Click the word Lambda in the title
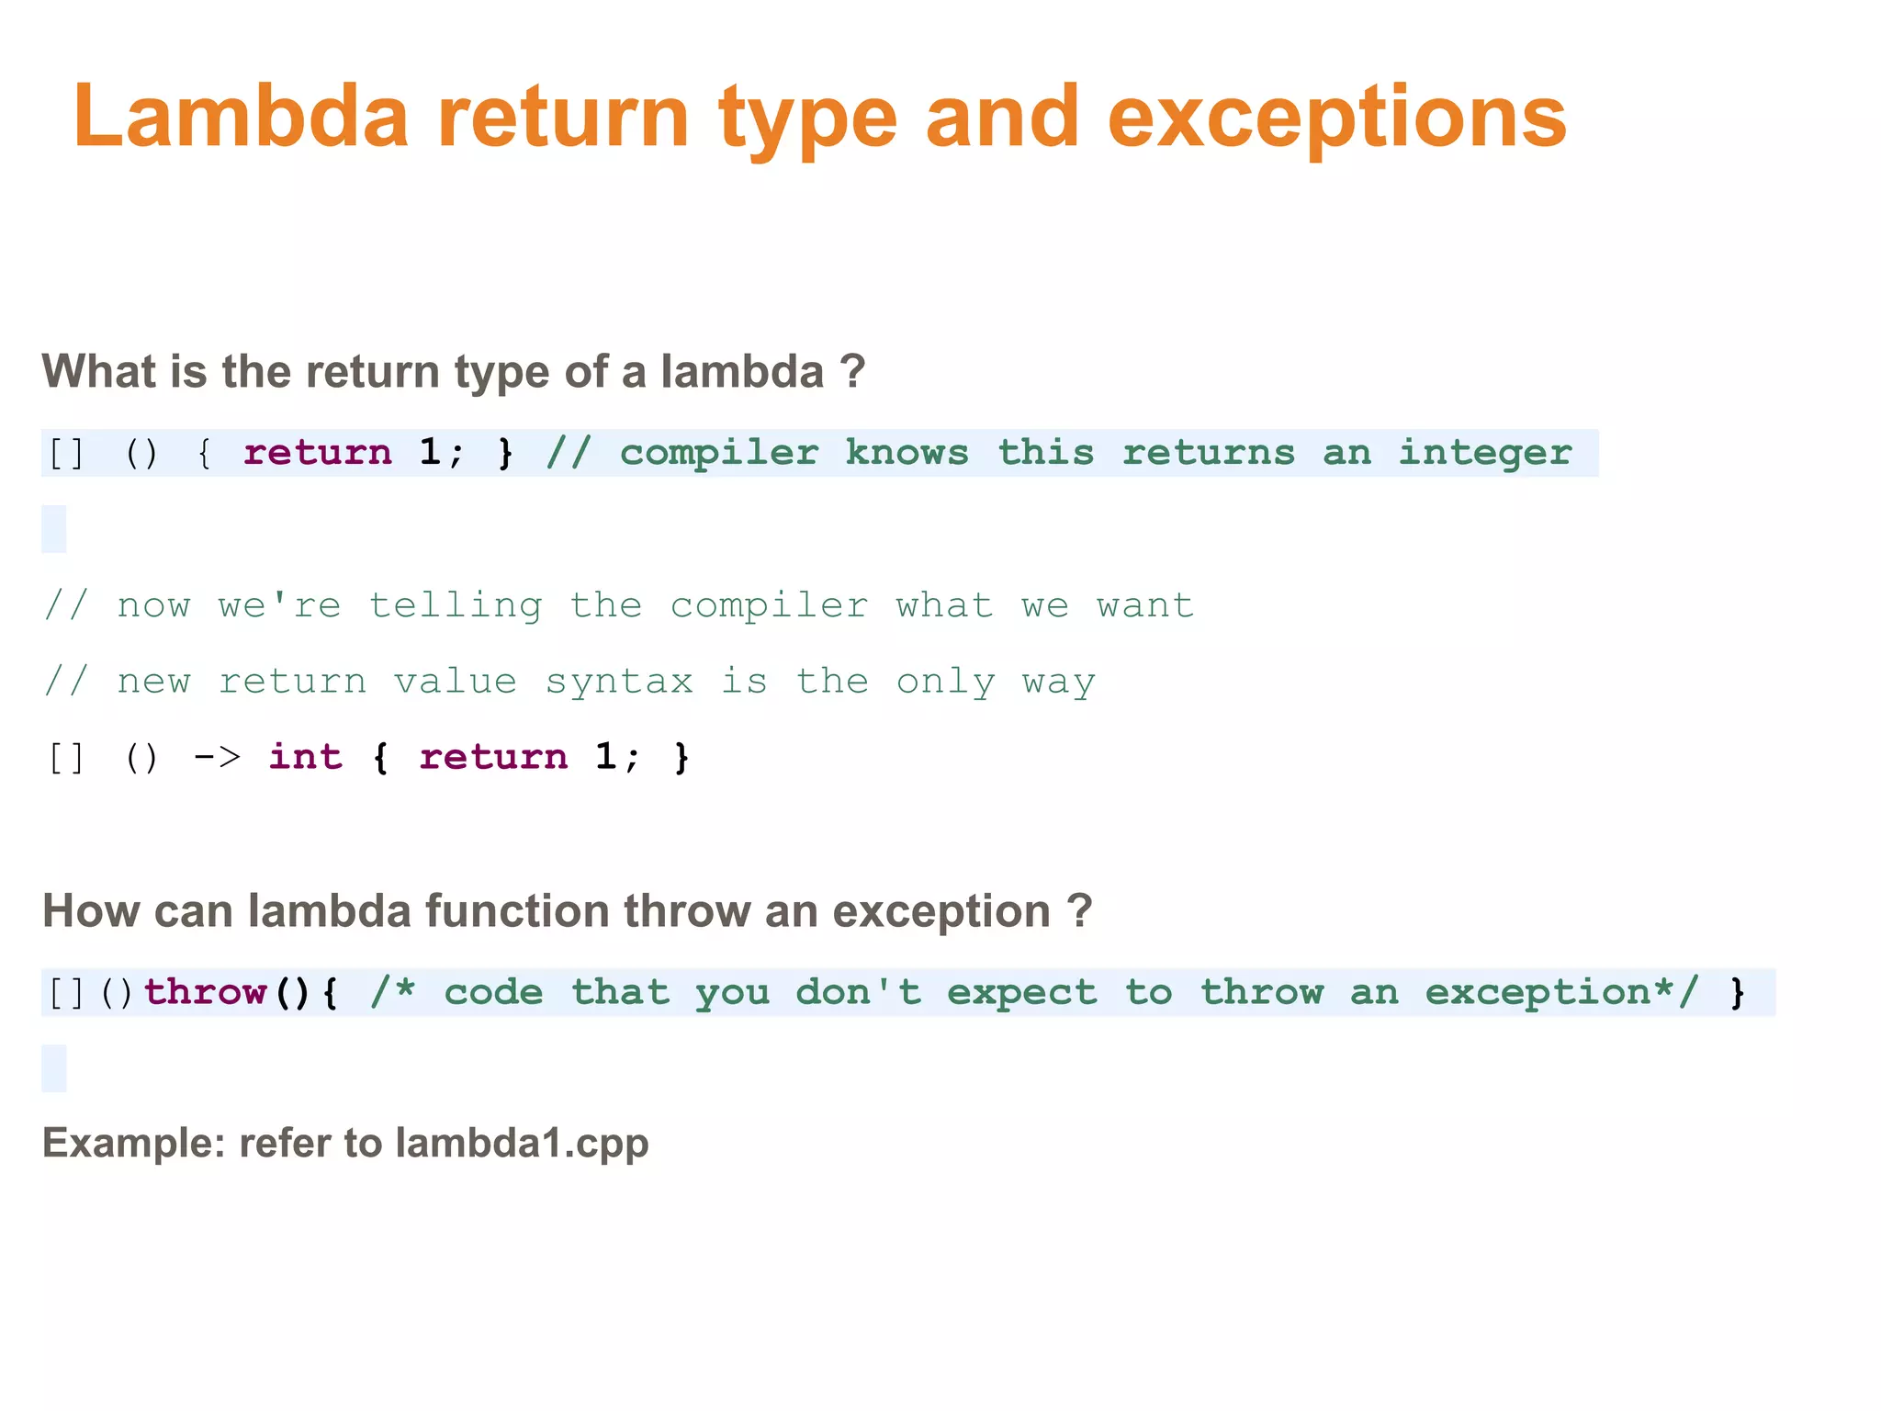point(241,117)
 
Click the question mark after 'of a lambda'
point(852,372)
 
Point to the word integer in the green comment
point(1484,453)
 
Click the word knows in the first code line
point(907,453)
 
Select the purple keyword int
point(305,757)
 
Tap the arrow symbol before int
point(218,758)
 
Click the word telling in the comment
point(455,605)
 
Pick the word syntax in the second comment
point(619,682)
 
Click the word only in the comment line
point(945,682)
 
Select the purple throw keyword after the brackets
point(205,992)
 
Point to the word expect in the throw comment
point(1021,992)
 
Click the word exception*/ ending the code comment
point(1561,992)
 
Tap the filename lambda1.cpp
point(522,1144)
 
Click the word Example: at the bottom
point(134,1144)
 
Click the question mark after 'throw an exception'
point(1080,911)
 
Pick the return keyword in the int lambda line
point(493,757)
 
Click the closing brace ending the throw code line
point(1737,993)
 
